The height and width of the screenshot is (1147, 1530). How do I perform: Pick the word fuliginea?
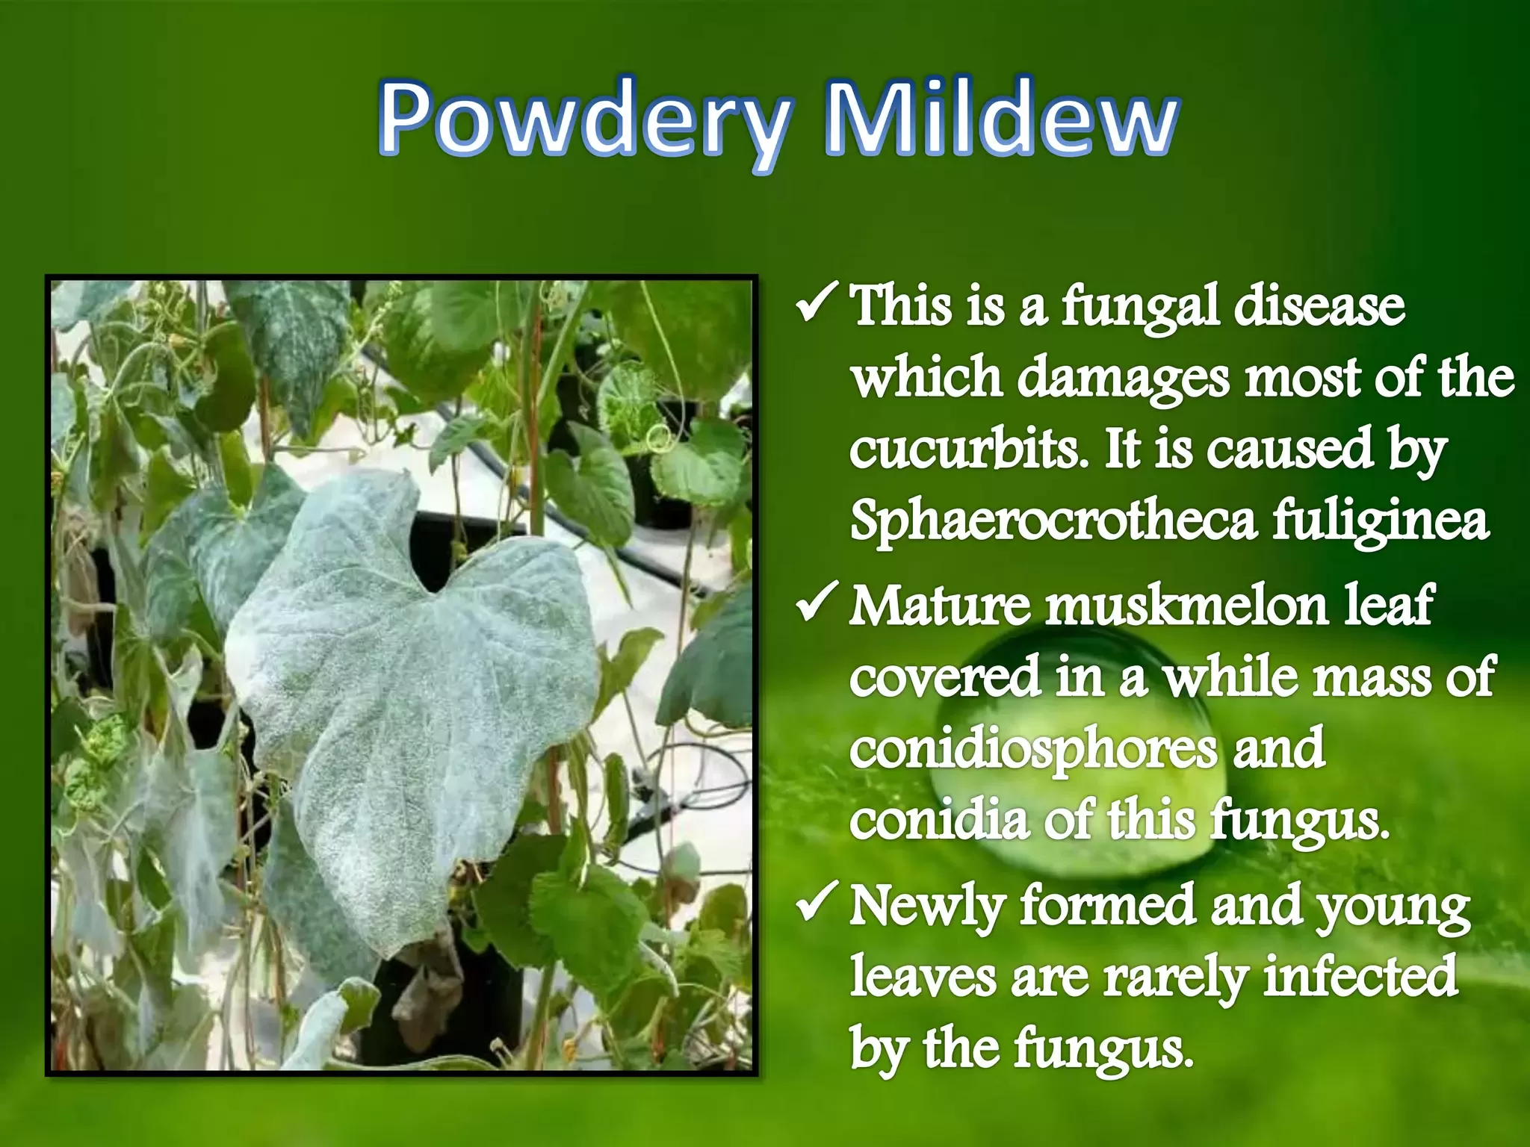[x=1381, y=521]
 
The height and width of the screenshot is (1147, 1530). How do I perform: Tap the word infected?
[x=1360, y=975]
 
